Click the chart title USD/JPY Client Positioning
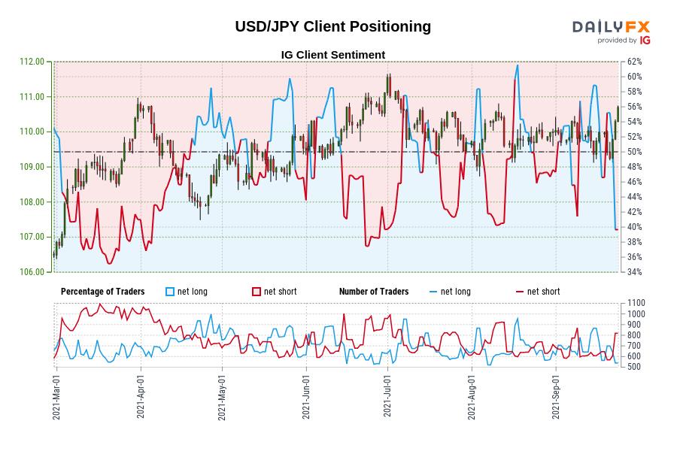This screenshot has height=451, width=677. (332, 26)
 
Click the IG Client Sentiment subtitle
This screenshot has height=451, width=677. (332, 55)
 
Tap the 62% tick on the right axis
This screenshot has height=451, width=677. (633, 62)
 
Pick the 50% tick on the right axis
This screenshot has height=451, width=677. (633, 152)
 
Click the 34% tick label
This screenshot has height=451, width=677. (633, 272)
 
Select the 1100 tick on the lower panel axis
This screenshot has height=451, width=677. (635, 303)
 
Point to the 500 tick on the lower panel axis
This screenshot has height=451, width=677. (633, 367)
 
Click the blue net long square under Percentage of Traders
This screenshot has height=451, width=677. (170, 292)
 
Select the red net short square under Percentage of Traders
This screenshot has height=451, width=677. (257, 292)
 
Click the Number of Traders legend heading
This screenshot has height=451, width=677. (374, 292)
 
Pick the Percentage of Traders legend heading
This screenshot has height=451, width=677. (103, 292)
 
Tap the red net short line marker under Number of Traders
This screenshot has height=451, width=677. (520, 292)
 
